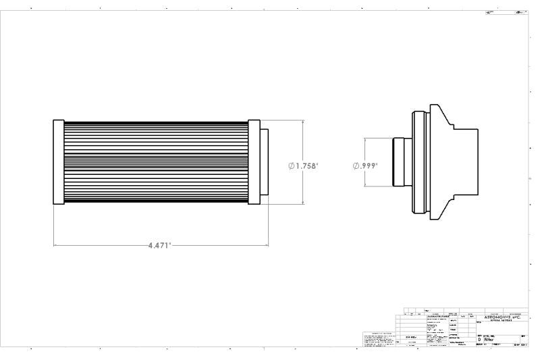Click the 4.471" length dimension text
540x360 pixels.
coord(160,246)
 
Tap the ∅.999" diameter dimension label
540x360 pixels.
coord(365,165)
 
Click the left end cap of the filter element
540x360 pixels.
coord(59,162)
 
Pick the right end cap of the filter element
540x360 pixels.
coord(254,162)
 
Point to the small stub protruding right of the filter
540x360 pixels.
coord(264,162)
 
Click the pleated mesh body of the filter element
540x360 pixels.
coord(156,162)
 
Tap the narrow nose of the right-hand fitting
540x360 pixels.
coord(399,162)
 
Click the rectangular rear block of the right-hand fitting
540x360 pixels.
coord(466,162)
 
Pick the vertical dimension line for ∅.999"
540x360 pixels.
coord(365,149)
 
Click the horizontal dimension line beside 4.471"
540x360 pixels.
coord(101,245)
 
